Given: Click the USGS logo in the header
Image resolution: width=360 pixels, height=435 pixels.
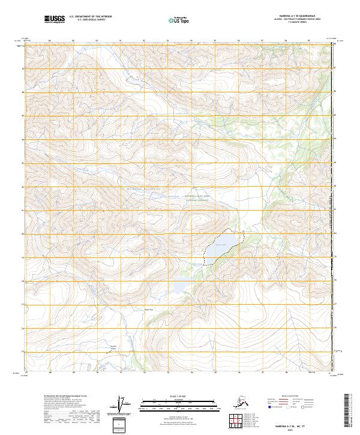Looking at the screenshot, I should click(54, 19).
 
